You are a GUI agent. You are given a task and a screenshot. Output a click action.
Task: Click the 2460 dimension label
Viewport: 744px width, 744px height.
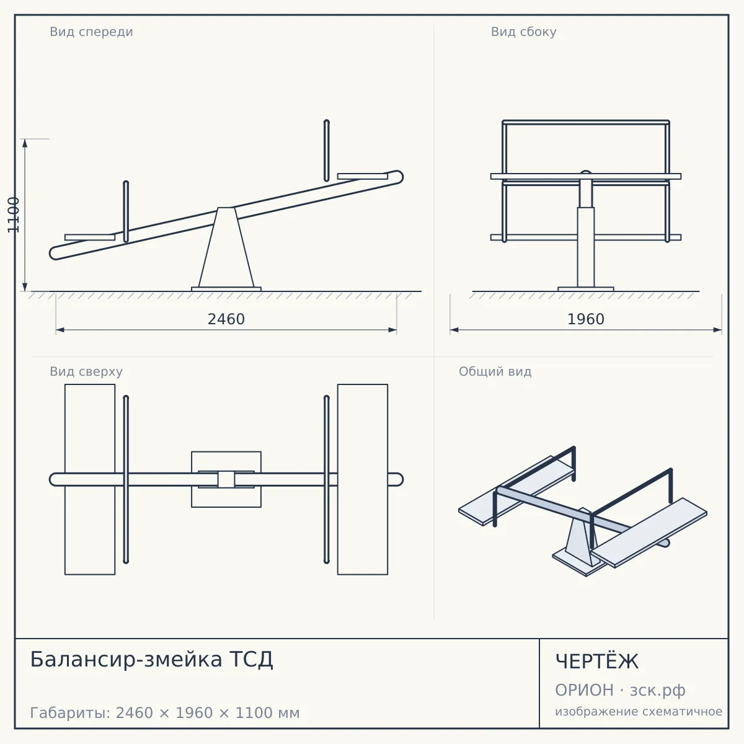tap(226, 319)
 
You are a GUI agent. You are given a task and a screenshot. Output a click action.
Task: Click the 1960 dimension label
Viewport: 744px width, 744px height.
tap(586, 319)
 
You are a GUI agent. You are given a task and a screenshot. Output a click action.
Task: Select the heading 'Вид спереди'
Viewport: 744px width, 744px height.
tap(92, 32)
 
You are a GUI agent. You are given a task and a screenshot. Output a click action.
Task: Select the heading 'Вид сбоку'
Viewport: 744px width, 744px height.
tap(523, 32)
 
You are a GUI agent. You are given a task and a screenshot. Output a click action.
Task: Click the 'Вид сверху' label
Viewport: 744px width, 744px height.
tap(86, 371)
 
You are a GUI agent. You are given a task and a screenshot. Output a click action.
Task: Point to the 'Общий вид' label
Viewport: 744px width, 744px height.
tap(495, 371)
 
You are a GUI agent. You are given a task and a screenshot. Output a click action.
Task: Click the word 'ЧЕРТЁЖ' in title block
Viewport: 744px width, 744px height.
tap(597, 662)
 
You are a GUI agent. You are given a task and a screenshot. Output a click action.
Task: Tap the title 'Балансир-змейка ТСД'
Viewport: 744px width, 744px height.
tap(151, 659)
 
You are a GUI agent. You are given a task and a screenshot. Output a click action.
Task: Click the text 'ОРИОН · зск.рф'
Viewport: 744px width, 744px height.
tap(620, 690)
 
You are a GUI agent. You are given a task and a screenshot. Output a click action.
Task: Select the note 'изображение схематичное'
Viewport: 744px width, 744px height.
tap(639, 711)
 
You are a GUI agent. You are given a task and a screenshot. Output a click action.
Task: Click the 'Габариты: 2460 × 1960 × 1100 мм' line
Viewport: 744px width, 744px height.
tap(165, 713)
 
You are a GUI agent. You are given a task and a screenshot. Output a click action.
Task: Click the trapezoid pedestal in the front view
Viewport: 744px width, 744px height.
tap(226, 247)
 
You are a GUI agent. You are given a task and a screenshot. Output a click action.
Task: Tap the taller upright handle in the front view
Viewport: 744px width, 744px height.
tap(327, 151)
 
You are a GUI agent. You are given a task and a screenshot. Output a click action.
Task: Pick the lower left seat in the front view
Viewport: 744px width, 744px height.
tap(90, 237)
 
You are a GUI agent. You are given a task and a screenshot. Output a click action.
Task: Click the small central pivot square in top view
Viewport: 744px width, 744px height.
tap(226, 479)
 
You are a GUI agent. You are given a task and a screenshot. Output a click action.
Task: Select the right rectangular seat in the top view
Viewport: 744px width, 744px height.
tap(363, 479)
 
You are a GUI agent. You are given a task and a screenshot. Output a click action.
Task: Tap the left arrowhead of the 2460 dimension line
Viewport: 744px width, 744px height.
tap(60, 330)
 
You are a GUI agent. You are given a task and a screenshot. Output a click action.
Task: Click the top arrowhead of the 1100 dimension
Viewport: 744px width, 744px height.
tap(25, 143)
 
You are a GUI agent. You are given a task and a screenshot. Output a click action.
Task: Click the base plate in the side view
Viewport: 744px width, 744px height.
tap(586, 289)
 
